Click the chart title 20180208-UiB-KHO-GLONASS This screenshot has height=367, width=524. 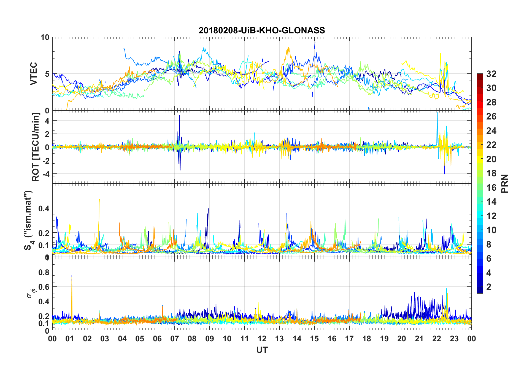(x=262, y=30)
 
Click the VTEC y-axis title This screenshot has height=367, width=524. (x=34, y=74)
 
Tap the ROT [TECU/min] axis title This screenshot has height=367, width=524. (x=36, y=147)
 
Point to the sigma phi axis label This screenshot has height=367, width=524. (x=30, y=293)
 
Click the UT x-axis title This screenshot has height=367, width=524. (x=262, y=350)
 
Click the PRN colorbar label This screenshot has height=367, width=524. (x=504, y=183)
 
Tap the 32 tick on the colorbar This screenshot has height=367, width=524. (x=491, y=74)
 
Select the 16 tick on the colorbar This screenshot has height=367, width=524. (x=491, y=188)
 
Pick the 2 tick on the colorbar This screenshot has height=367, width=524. (x=489, y=287)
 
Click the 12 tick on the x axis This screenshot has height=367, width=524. (x=262, y=339)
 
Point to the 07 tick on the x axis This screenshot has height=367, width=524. (x=175, y=339)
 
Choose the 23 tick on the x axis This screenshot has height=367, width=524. (x=454, y=339)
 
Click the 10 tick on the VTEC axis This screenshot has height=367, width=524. (x=45, y=38)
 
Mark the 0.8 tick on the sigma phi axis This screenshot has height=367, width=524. (x=44, y=272)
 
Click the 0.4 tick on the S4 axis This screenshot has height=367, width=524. (x=44, y=209)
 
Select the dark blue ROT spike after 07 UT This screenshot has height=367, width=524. (x=180, y=117)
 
